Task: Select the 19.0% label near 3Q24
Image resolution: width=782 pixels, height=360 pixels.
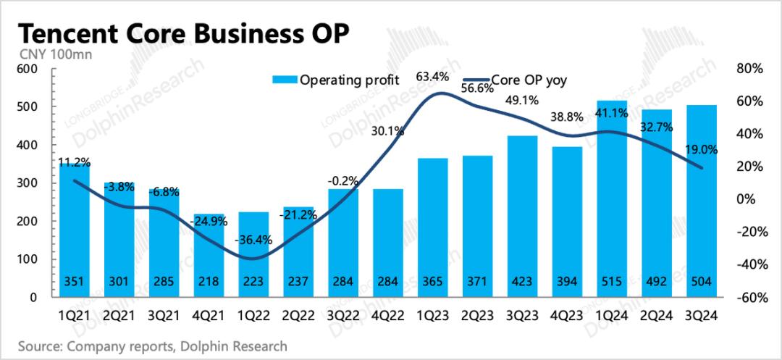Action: click(x=700, y=150)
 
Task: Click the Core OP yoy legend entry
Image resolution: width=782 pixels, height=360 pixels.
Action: click(x=528, y=80)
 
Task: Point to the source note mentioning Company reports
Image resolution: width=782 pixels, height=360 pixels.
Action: click(x=151, y=346)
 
